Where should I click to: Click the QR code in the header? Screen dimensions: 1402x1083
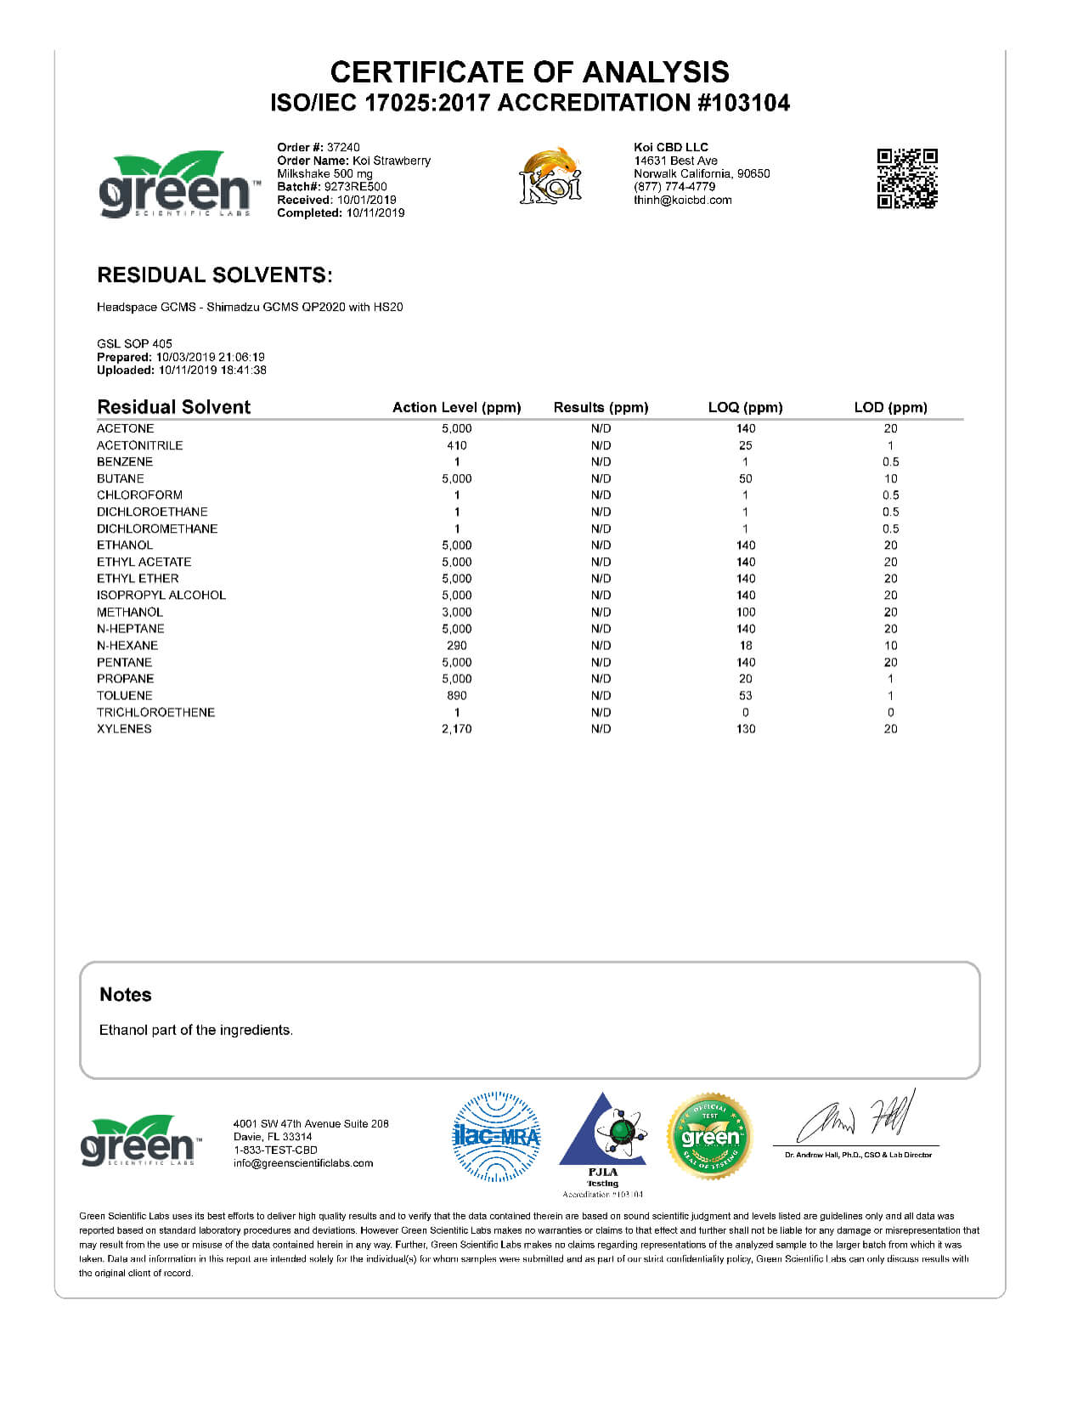pos(906,178)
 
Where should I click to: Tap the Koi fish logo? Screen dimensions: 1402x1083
pos(550,176)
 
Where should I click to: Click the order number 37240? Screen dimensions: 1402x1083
pos(343,147)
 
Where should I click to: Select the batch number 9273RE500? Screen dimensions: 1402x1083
pos(355,187)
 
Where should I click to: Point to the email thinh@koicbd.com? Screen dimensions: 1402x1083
pos(682,201)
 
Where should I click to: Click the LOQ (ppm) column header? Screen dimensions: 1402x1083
pos(745,408)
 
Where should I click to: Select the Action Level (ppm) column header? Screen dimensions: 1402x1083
pos(456,408)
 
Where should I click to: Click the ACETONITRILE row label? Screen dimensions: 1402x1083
pos(139,445)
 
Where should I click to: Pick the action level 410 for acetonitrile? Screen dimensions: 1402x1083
pos(457,445)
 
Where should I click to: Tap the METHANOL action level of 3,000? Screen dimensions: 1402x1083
pos(457,613)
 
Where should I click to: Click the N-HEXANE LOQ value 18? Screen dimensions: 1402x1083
pos(746,646)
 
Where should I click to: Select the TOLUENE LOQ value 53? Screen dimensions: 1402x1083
pos(746,696)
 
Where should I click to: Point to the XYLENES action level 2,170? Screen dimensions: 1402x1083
pos(457,729)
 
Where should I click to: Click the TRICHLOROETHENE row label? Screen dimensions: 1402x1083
pos(155,713)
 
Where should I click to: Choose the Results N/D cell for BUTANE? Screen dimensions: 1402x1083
pos(601,479)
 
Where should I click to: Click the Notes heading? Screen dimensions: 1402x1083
pos(126,995)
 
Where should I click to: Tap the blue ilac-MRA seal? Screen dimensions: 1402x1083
pos(496,1137)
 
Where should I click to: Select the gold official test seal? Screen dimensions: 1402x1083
pos(709,1137)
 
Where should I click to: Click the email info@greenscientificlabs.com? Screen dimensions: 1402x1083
pos(303,1164)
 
